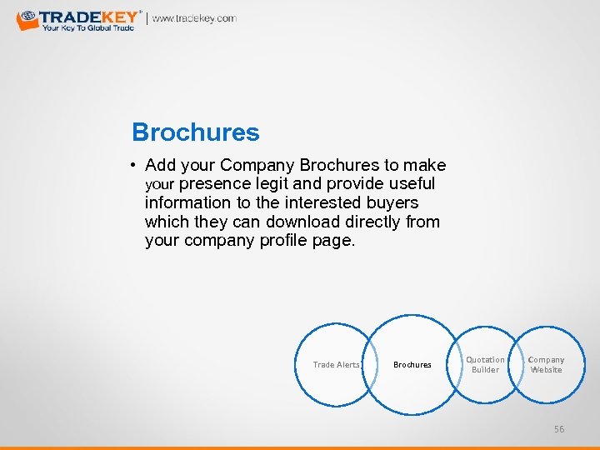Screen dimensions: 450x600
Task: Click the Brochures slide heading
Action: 196,132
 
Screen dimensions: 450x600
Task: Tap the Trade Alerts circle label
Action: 336,364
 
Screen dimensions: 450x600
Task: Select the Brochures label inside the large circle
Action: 412,364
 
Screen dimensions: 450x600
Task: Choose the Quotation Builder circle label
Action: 485,365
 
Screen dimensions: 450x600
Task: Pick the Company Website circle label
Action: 547,365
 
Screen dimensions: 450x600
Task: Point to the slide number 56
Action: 559,428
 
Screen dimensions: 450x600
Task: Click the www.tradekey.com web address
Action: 194,18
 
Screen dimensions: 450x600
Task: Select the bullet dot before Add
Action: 134,166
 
